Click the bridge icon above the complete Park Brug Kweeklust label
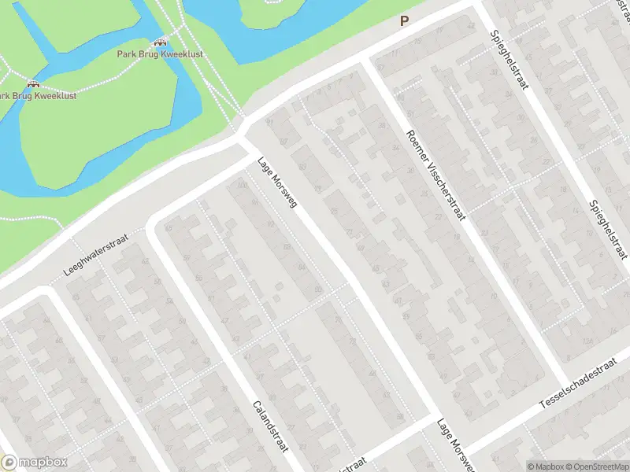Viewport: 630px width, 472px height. tap(161, 42)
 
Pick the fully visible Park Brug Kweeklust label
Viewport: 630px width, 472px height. tap(161, 55)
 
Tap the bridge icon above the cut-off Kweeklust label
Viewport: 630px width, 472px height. tap(33, 83)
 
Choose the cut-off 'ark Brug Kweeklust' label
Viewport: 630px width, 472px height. tap(38, 96)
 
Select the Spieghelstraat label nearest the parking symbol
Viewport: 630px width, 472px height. tap(508, 60)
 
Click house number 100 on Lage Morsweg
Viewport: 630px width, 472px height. tap(242, 186)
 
